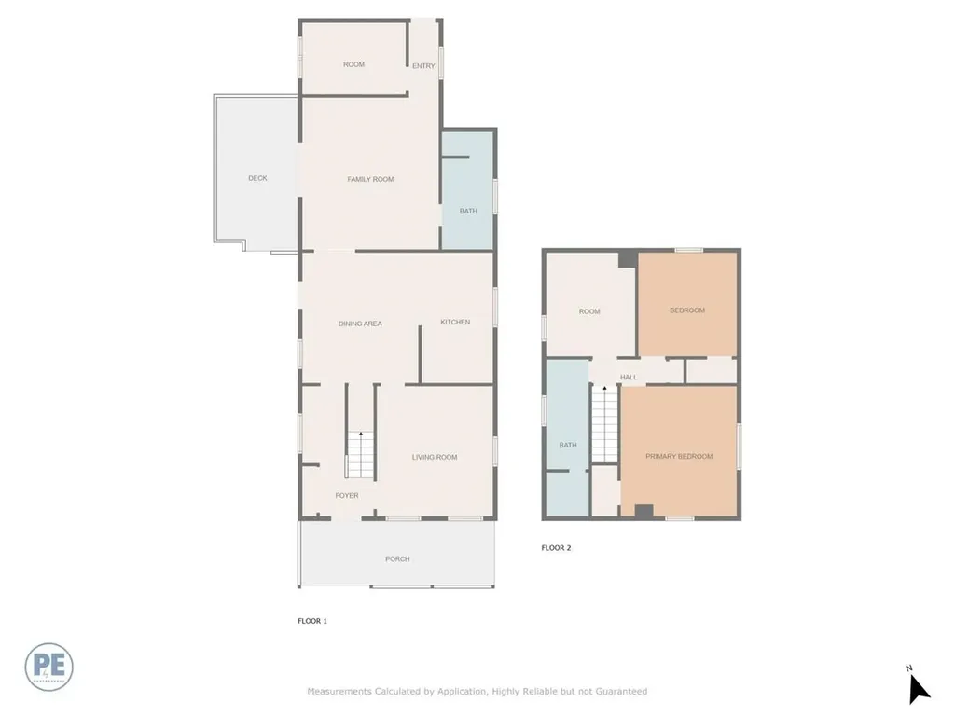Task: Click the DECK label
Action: click(x=257, y=178)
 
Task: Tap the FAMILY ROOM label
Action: click(x=370, y=179)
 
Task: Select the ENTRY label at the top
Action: click(x=423, y=65)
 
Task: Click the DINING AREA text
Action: click(x=360, y=324)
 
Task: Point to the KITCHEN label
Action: click(x=455, y=322)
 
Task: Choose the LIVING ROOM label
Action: click(x=435, y=457)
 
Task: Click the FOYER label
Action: click(x=347, y=495)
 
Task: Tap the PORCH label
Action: click(x=397, y=558)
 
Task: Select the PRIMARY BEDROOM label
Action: click(x=679, y=456)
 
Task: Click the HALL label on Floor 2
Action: click(x=629, y=377)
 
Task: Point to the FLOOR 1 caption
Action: click(x=311, y=620)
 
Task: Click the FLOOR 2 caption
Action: click(x=556, y=547)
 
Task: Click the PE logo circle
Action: click(x=49, y=667)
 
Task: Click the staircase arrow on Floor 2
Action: click(x=604, y=389)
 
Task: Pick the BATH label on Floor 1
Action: click(x=468, y=211)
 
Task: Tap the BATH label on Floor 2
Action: click(x=568, y=445)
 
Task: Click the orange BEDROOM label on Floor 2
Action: click(x=687, y=310)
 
